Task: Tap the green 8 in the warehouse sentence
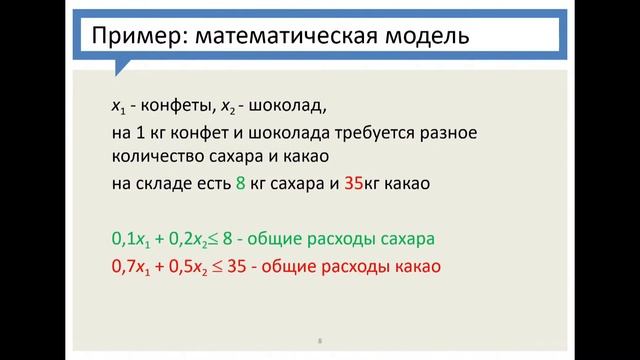coord(240,182)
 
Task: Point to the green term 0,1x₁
coord(131,241)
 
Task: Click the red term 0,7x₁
coord(131,267)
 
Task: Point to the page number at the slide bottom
coord(319,342)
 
